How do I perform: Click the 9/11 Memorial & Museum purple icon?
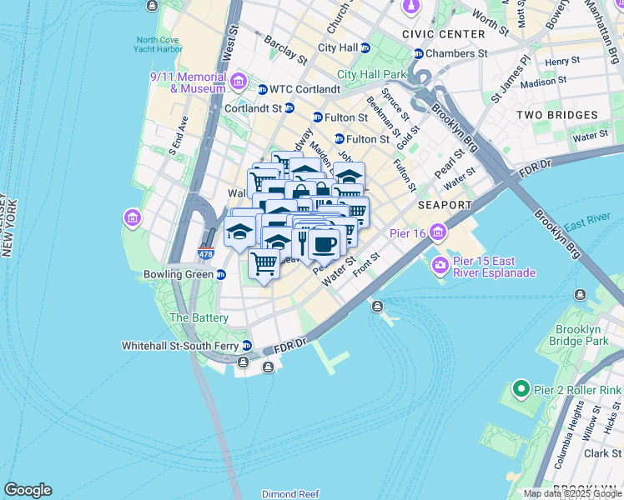click(238, 80)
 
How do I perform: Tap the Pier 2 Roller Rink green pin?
click(521, 389)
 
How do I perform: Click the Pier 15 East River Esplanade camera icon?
click(439, 266)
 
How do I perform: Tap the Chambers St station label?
click(456, 53)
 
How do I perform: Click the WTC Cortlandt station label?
click(304, 89)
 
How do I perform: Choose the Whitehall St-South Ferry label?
click(180, 345)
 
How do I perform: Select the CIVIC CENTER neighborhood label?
click(443, 34)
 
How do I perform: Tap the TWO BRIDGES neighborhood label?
click(556, 115)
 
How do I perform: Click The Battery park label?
click(199, 318)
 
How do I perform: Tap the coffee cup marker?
click(325, 245)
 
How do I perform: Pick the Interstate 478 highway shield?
click(205, 252)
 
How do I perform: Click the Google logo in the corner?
click(28, 490)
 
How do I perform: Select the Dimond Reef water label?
click(289, 494)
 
